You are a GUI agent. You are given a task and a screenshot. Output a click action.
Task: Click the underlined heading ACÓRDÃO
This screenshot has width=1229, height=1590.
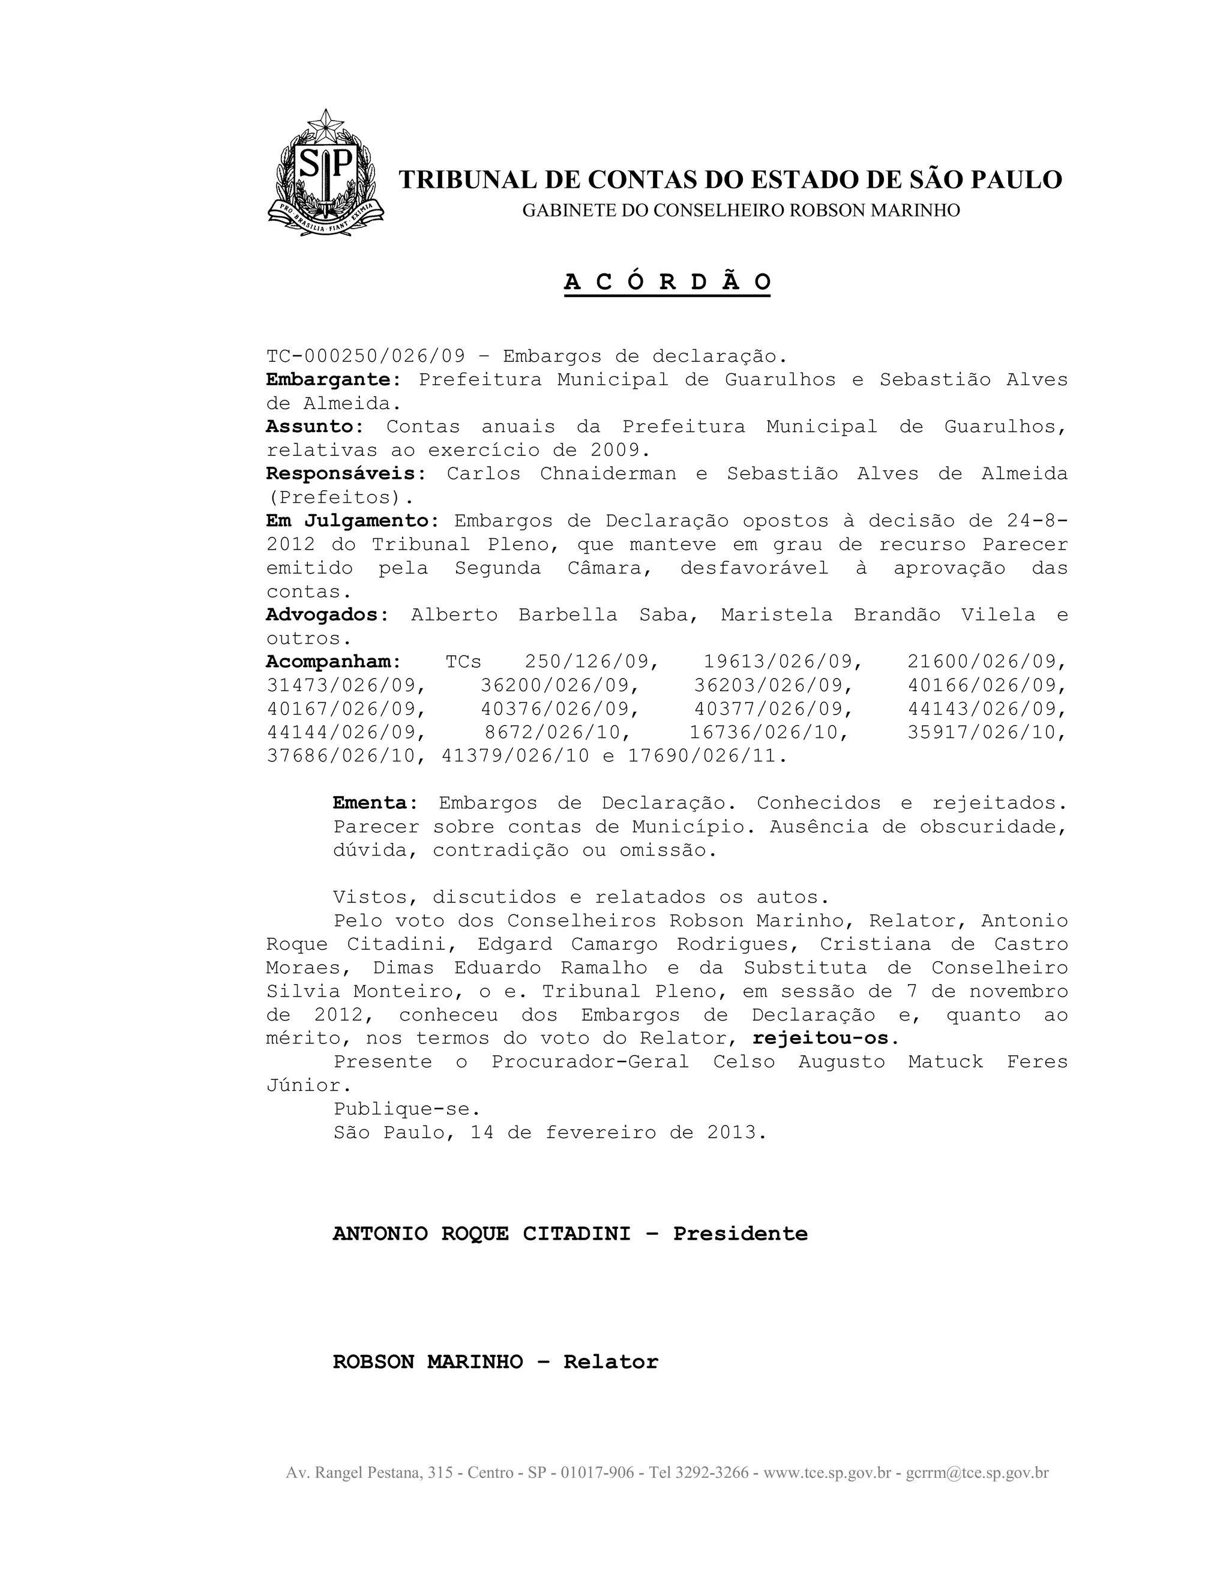667,282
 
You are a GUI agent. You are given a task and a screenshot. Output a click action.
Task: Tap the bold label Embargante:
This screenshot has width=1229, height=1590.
334,380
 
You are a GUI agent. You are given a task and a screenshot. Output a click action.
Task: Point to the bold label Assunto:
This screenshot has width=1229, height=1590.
314,427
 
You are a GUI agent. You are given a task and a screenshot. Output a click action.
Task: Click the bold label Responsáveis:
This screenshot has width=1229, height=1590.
346,474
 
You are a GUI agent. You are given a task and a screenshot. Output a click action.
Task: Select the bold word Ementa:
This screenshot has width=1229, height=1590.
376,803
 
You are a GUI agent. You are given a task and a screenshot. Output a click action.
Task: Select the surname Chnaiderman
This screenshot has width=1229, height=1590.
607,474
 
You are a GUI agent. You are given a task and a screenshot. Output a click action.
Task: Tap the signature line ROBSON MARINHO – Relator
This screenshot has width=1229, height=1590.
495,1362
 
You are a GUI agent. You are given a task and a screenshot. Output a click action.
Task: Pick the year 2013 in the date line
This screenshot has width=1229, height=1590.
731,1132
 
